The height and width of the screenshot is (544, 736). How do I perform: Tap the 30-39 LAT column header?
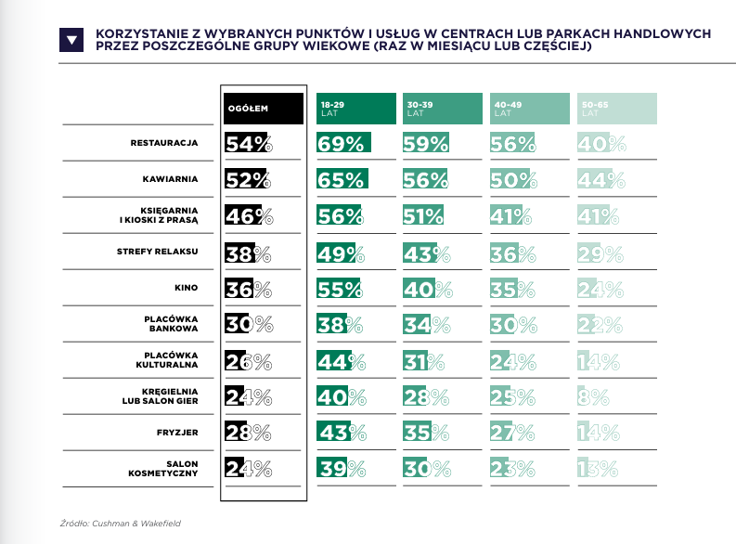(444, 109)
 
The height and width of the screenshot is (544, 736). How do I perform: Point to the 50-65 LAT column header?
(617, 109)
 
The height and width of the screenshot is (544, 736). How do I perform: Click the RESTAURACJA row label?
(166, 143)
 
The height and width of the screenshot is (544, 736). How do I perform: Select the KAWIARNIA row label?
(173, 179)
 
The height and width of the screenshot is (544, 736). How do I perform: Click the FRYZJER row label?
(179, 433)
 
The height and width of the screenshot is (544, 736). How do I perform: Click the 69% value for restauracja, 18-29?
(341, 143)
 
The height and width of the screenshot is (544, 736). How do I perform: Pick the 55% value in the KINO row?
(341, 288)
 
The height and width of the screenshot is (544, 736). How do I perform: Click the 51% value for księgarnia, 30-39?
(424, 215)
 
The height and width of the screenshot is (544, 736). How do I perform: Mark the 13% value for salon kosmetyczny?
(600, 469)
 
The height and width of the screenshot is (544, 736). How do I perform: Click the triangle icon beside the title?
(71, 38)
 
